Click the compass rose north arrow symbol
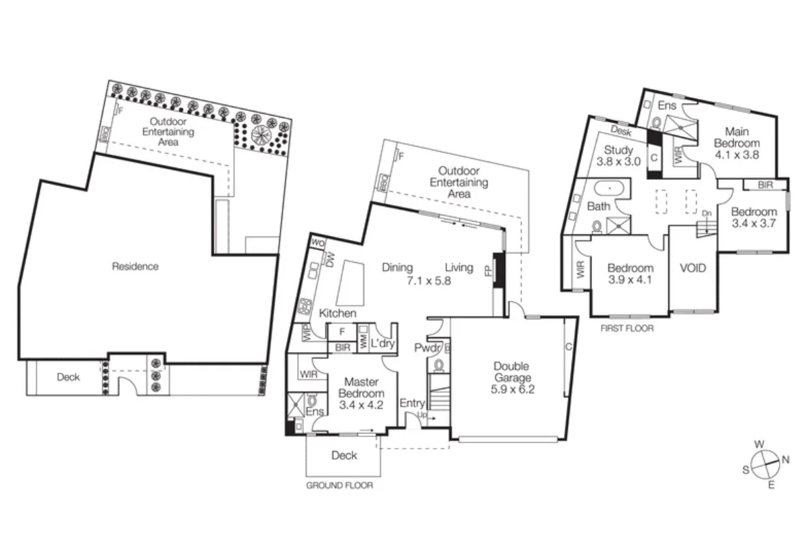click(765, 464)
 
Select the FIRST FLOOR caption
click(626, 328)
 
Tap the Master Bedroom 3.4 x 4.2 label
click(361, 394)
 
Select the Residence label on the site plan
click(136, 266)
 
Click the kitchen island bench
click(351, 281)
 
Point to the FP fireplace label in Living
click(488, 270)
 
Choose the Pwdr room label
click(425, 348)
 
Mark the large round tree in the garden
click(261, 134)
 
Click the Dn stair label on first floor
click(707, 213)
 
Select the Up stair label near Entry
click(422, 415)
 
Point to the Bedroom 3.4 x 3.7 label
click(754, 217)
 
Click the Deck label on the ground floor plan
click(344, 455)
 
